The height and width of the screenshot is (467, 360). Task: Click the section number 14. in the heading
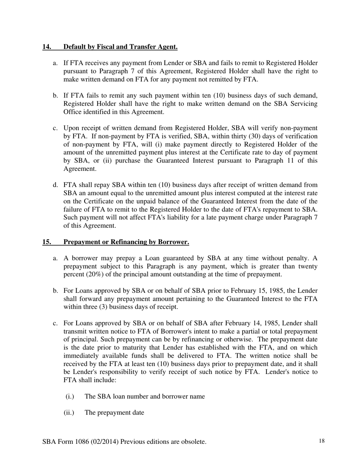point(47,47)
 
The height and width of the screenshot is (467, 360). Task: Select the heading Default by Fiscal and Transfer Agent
point(121,47)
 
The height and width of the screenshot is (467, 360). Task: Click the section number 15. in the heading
point(47,242)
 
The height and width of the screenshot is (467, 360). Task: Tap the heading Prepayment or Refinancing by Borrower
point(126,242)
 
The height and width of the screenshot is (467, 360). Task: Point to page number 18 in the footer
point(322,441)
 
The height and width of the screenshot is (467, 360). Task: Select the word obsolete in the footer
point(193,442)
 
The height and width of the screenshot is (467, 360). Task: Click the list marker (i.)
point(70,396)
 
